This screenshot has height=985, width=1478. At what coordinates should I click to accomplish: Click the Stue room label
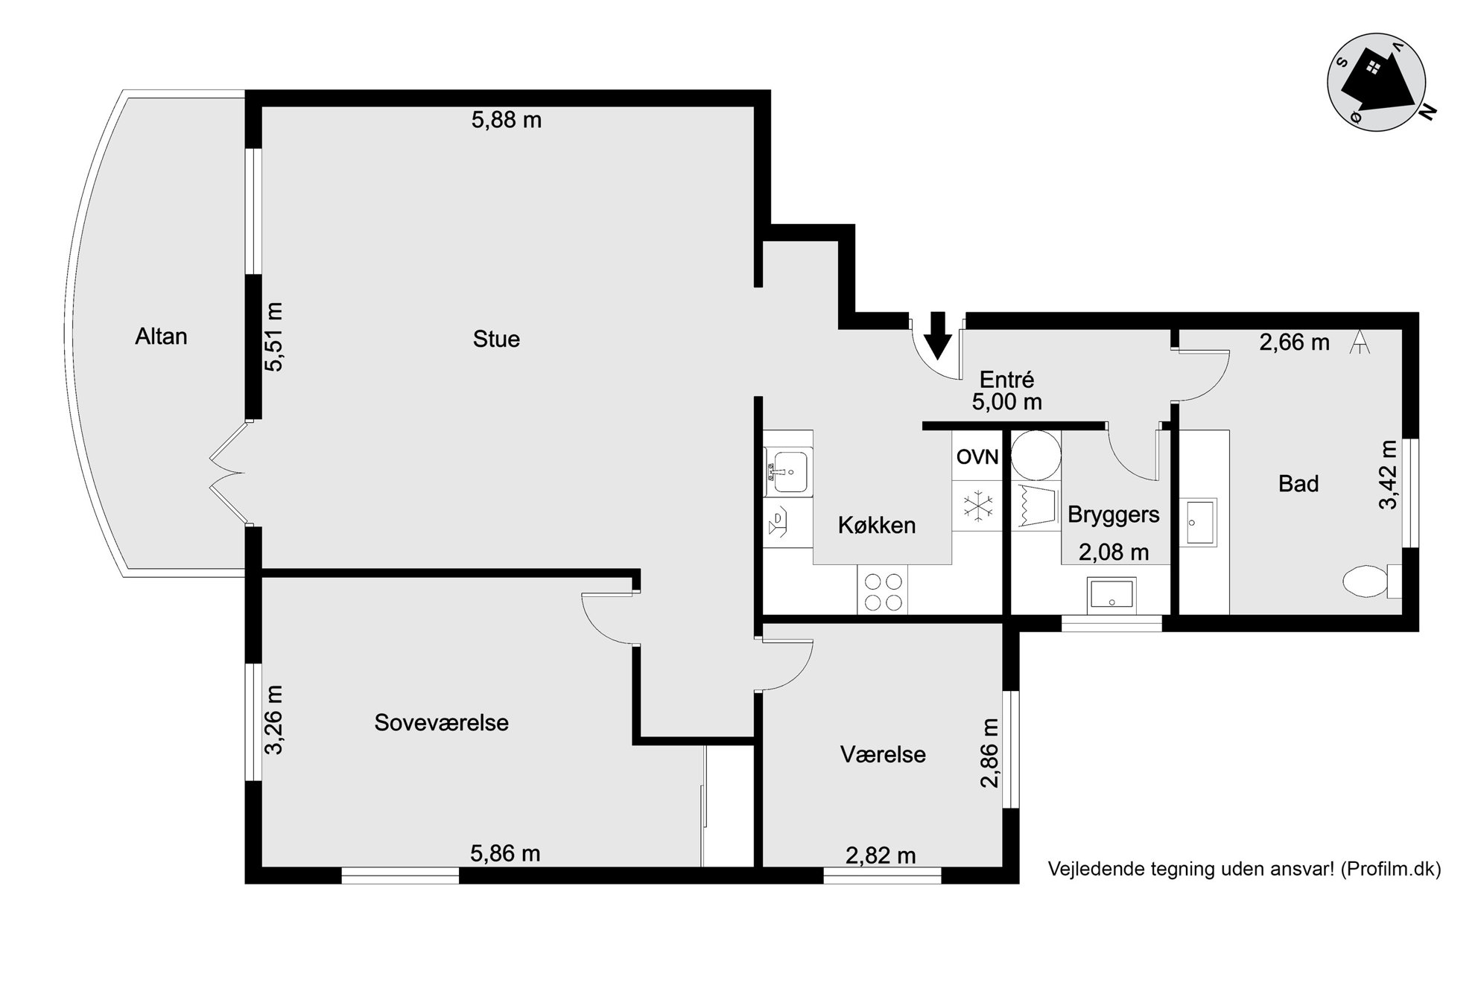point(496,340)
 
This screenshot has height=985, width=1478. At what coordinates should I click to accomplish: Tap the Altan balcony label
point(161,337)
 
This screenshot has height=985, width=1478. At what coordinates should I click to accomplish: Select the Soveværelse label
point(442,723)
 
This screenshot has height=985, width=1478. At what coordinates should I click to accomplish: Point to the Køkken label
point(877,526)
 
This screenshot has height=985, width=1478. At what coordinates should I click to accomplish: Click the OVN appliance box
point(977,456)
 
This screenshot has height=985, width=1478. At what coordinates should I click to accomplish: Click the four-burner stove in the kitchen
point(883,590)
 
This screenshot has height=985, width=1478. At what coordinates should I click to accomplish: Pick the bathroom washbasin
point(1200,523)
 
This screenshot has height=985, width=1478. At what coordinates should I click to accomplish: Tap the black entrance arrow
point(938,335)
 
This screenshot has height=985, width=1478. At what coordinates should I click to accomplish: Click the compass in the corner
point(1377,82)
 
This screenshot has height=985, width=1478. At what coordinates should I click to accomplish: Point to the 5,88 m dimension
point(507,120)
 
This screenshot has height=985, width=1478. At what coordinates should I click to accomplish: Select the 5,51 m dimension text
point(274,337)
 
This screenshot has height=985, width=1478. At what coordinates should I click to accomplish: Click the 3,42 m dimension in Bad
point(1388,474)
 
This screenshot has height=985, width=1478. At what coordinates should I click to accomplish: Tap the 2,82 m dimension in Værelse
point(881,856)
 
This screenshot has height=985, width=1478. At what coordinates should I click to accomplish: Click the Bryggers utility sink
point(1111,595)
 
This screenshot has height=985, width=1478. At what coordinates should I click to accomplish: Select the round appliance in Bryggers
point(1036,456)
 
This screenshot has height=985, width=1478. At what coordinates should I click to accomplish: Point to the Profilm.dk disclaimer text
point(1244,869)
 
